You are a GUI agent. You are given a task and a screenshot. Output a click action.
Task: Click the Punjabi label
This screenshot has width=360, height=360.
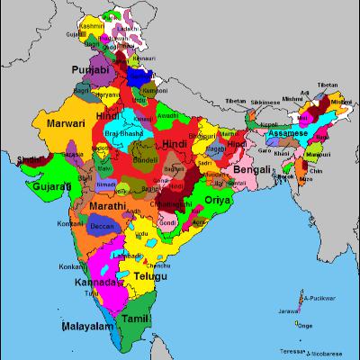(91, 70)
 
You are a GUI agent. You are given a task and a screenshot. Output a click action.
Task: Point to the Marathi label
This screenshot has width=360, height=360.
(112, 207)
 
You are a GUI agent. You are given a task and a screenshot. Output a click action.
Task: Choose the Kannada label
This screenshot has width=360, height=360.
(95, 283)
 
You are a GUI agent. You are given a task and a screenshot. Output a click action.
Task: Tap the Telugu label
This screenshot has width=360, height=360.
(147, 274)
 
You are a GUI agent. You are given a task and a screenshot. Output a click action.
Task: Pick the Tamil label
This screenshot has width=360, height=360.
(135, 319)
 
